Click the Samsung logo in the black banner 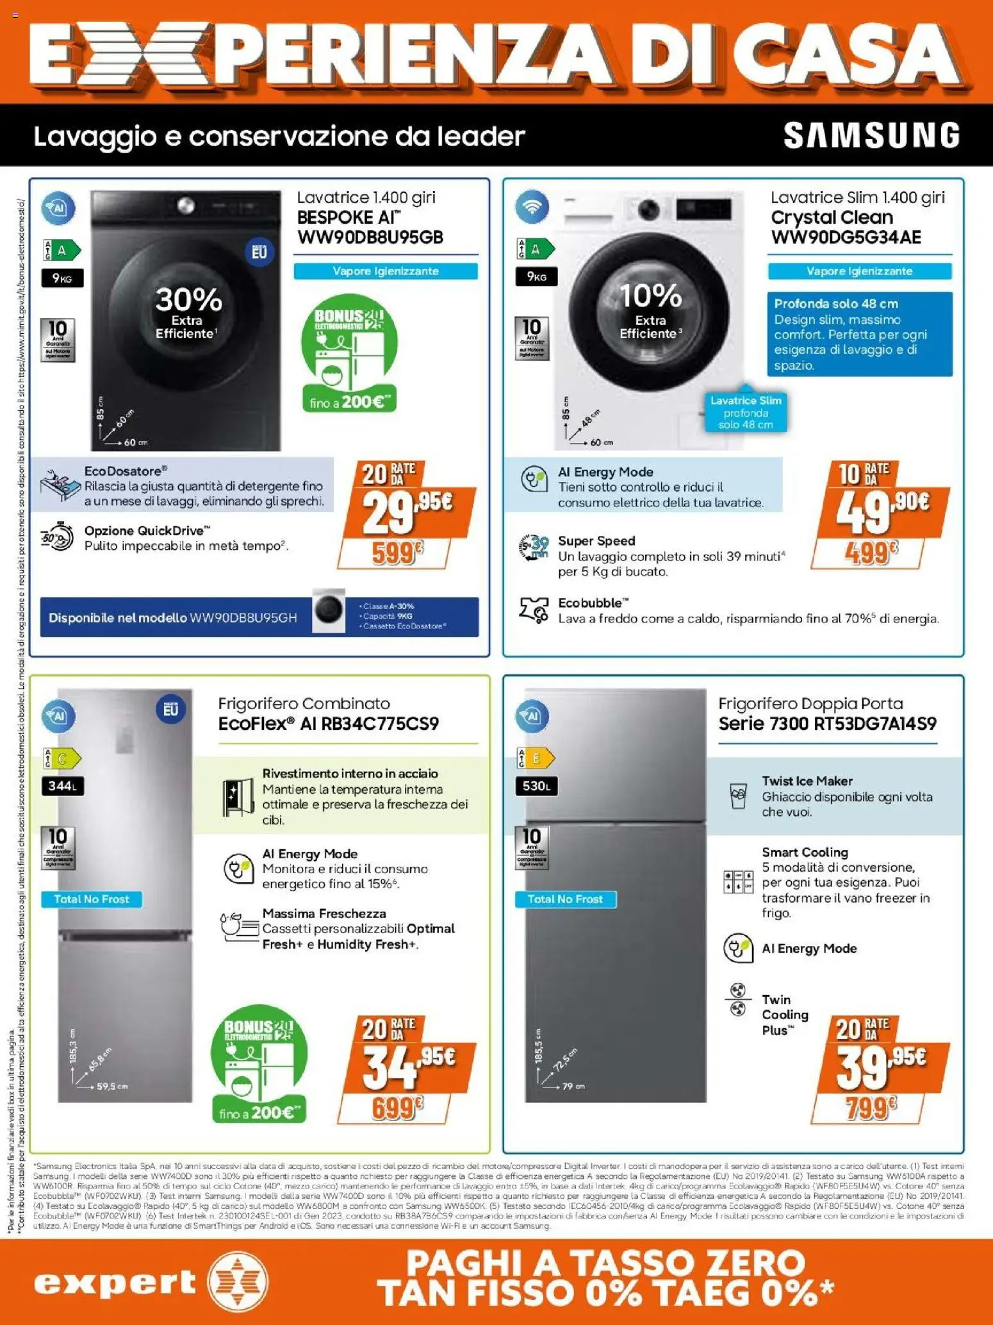pos(872,135)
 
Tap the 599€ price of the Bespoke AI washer pos(396,553)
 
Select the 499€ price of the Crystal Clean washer pos(869,551)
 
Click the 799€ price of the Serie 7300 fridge pos(869,1106)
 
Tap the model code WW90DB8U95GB pos(370,237)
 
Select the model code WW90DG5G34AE pos(846,237)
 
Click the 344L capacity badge pos(62,786)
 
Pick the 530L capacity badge pos(536,786)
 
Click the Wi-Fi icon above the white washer pos(532,207)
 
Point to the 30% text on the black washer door pos(188,299)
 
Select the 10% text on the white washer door pos(651,296)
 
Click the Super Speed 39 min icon pos(534,549)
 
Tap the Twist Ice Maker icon pos(738,796)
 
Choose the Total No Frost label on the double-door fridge pos(565,899)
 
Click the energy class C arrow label pos(63,759)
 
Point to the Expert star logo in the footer pos(238,1283)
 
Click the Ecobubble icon pos(534,610)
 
